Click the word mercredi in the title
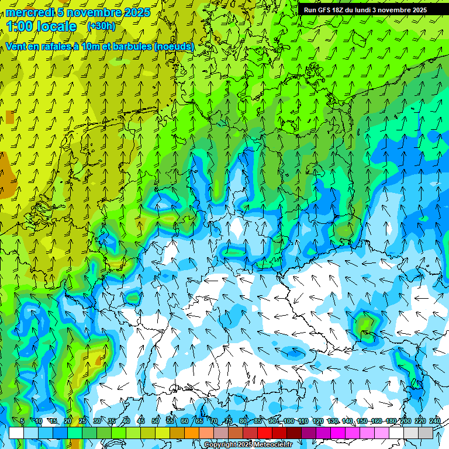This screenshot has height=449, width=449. [x=29, y=12]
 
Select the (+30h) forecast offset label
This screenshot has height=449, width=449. [x=101, y=26]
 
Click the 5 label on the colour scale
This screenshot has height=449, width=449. [x=22, y=422]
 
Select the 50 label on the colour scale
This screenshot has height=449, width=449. [x=156, y=422]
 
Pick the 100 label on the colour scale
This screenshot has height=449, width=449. [x=289, y=422]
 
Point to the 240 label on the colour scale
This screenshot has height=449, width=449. [x=435, y=422]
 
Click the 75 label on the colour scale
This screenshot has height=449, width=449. [x=229, y=422]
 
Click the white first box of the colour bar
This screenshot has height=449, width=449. [x=16, y=433]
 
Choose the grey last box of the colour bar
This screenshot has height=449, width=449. [x=426, y=433]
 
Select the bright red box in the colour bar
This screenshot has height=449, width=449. [x=265, y=433]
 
